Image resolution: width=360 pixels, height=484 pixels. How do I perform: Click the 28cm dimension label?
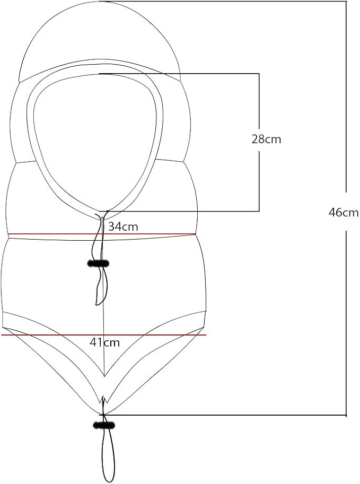coord(266,139)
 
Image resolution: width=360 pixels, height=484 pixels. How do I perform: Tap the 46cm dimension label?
coord(344,213)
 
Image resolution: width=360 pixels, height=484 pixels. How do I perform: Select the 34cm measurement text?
coord(123,226)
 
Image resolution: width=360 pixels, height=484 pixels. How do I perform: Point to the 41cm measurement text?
coord(104,342)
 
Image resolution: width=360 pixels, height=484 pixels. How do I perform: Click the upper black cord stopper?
coord(98,263)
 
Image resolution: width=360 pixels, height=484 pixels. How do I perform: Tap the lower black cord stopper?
coord(104,425)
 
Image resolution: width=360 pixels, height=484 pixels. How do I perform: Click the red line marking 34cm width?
coord(102,234)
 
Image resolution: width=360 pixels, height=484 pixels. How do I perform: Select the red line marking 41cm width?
coord(104,335)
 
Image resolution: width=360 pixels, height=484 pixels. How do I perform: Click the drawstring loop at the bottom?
coord(108,456)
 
